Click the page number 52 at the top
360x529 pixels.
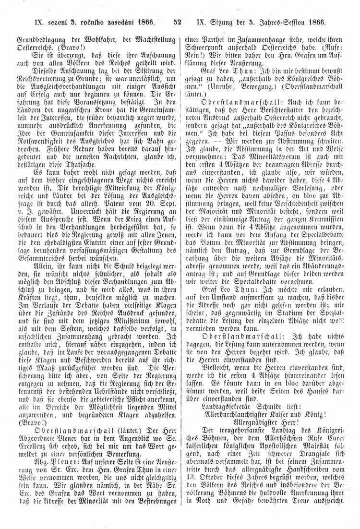coord(177,21)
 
